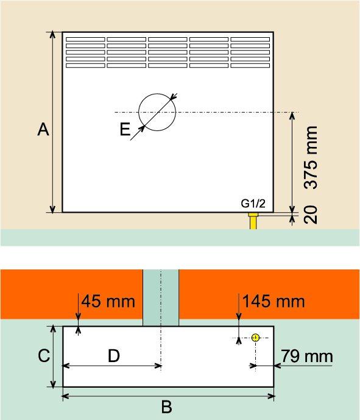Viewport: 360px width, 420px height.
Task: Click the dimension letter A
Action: pos(43,129)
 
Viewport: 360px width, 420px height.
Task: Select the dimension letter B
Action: pos(166,407)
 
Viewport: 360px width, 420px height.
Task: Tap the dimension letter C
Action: pos(44,355)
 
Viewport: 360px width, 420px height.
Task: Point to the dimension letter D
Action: pos(114,356)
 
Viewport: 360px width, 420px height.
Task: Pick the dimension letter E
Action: pos(125,129)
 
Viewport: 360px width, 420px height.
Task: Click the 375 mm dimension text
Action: pos(311,157)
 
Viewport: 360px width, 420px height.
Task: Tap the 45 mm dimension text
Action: pos(108,301)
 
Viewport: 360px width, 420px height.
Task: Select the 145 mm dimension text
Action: pos(274,301)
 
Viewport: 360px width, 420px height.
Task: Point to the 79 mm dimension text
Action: pos(307,357)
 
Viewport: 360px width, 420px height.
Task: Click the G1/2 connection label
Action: pos(253,204)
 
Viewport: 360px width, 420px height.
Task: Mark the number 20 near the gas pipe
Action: pos(311,215)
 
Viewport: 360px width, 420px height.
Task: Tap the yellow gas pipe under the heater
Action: pos(253,221)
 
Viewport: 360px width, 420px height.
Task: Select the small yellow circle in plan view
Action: pos(255,338)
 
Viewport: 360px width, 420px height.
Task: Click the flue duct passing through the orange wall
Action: pos(161,297)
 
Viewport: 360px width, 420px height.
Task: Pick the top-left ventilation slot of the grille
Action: pos(85,40)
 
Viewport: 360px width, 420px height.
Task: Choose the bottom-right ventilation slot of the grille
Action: pos(250,65)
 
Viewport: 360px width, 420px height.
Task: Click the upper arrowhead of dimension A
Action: pos(53,35)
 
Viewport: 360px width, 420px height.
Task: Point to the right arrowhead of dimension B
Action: pos(271,396)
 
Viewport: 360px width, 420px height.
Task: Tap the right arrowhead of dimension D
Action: pos(158,366)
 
